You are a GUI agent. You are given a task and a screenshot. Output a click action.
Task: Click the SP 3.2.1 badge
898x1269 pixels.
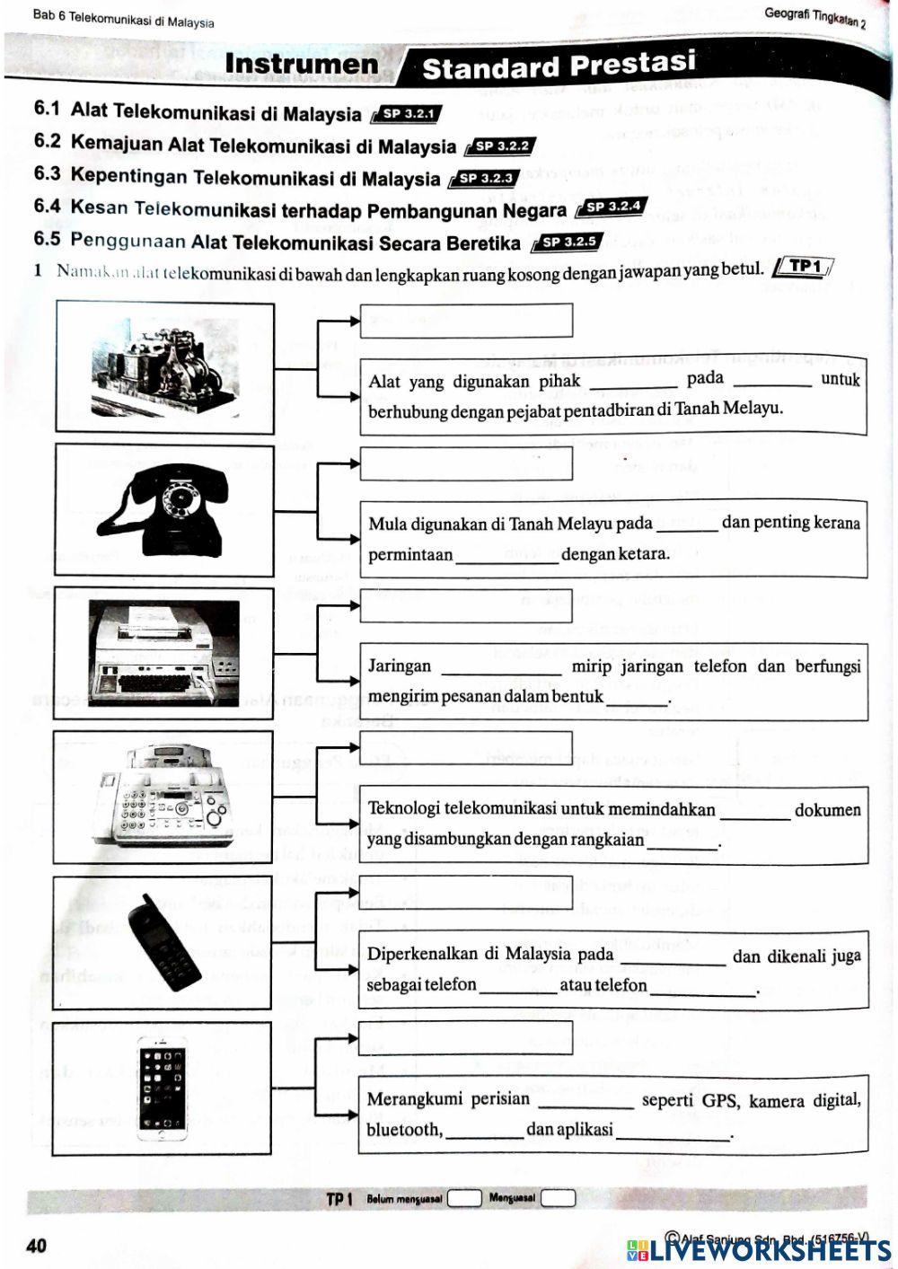[409, 114]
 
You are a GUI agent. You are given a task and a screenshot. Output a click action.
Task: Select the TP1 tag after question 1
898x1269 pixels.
[805, 266]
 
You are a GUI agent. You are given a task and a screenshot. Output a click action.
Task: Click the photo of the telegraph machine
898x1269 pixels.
[164, 369]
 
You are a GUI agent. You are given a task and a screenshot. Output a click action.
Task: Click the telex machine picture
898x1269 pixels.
[165, 651]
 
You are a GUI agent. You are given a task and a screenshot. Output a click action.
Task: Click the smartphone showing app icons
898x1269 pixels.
[163, 1088]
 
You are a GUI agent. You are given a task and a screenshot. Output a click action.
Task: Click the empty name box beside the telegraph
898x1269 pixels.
[466, 321]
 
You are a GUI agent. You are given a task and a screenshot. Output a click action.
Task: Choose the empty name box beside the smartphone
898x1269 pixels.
[465, 1037]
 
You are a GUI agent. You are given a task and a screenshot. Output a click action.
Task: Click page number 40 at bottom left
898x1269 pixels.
[37, 1246]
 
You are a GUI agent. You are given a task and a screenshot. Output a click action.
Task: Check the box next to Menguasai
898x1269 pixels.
[558, 1198]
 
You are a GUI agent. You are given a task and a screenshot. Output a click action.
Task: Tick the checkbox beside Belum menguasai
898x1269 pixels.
[464, 1198]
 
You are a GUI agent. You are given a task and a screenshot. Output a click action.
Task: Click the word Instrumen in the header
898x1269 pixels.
[302, 64]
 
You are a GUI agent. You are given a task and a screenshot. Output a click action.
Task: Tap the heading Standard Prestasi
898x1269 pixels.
[559, 65]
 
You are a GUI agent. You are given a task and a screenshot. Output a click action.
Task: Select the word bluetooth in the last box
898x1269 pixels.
[404, 1130]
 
